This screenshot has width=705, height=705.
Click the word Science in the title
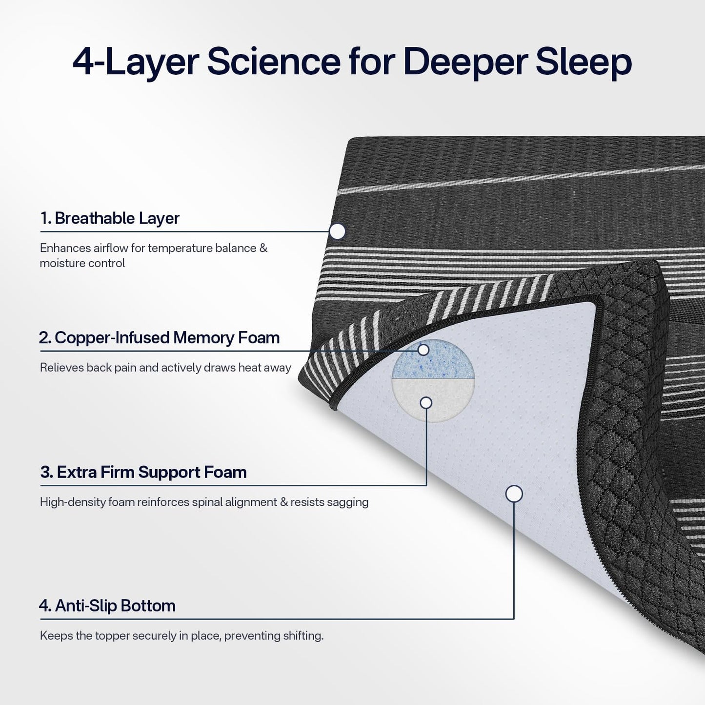tap(273, 62)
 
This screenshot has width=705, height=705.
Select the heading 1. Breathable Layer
tap(110, 218)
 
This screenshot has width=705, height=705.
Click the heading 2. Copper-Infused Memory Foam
tap(160, 337)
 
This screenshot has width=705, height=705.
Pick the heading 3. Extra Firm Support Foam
tap(143, 472)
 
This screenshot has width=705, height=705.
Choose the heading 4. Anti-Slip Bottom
tap(107, 605)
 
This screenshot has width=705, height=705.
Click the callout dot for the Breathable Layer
tap(337, 231)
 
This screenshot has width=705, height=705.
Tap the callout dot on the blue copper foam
tap(423, 350)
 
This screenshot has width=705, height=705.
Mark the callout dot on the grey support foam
tap(426, 403)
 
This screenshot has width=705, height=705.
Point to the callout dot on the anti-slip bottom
tap(514, 494)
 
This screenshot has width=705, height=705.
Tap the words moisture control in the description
tap(82, 263)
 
